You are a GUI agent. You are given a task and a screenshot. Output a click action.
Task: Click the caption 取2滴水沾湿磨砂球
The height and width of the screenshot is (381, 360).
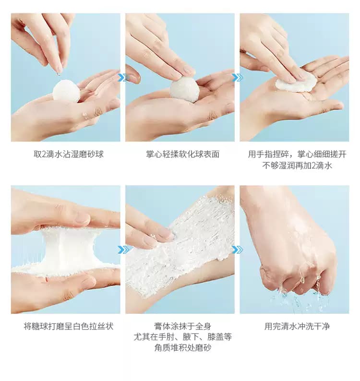pyautogui.click(x=69, y=154)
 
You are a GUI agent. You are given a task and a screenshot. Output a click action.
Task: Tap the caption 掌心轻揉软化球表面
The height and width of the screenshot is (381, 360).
pyautogui.click(x=182, y=154)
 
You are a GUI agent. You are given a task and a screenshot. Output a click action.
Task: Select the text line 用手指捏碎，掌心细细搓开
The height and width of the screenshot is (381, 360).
pyautogui.click(x=297, y=154)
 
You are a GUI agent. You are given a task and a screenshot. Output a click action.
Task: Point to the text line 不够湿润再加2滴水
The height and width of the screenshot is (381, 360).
pyautogui.click(x=297, y=166)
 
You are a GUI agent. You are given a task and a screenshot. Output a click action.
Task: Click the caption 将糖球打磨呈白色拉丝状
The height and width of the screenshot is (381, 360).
pyautogui.click(x=69, y=326)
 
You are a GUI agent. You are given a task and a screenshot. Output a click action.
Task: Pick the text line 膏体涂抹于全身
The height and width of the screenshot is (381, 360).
pyautogui.click(x=182, y=326)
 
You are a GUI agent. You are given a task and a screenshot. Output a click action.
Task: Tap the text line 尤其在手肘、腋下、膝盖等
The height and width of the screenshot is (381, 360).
pyautogui.click(x=182, y=337)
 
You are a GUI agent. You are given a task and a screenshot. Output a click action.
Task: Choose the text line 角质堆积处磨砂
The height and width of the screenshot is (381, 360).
pyautogui.click(x=182, y=348)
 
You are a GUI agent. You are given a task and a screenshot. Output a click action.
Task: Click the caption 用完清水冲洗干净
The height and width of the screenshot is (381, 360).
pyautogui.click(x=297, y=326)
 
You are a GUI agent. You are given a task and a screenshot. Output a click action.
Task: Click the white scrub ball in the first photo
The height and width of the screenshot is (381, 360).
pyautogui.click(x=66, y=91)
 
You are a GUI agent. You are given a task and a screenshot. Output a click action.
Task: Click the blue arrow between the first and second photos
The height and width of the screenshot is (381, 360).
pyautogui.click(x=123, y=78)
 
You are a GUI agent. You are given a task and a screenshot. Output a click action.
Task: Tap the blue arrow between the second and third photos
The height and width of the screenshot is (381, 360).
pyautogui.click(x=237, y=78)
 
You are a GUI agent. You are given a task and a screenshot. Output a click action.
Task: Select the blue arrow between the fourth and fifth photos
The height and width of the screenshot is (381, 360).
pyautogui.click(x=123, y=250)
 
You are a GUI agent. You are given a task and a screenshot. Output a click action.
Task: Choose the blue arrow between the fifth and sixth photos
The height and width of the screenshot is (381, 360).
pyautogui.click(x=237, y=250)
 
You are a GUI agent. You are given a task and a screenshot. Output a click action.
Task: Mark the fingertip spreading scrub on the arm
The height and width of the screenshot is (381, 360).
pyautogui.click(x=168, y=234)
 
